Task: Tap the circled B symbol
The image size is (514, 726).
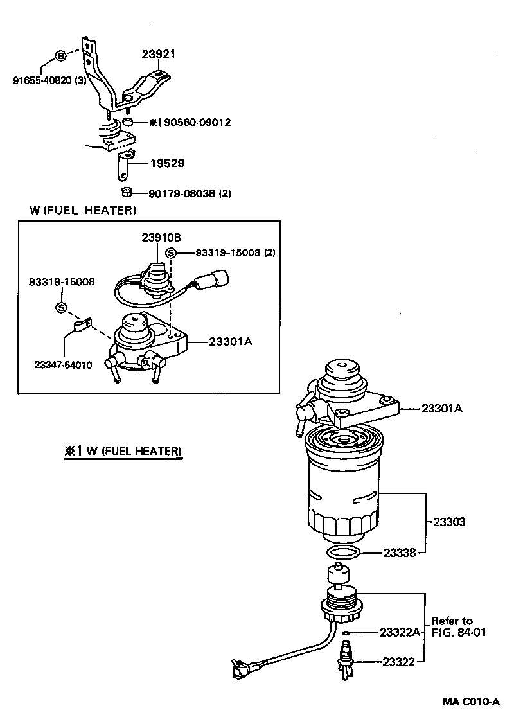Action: (60, 57)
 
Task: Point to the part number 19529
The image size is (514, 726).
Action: (167, 163)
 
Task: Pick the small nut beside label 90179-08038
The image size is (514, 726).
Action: (127, 191)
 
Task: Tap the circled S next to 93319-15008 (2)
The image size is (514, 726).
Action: (171, 253)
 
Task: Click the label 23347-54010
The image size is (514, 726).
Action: (63, 365)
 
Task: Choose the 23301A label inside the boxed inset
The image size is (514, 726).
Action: (230, 342)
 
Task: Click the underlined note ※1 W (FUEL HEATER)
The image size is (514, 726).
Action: (123, 451)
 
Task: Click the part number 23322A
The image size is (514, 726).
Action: (400, 632)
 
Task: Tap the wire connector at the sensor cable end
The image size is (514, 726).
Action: (240, 667)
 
